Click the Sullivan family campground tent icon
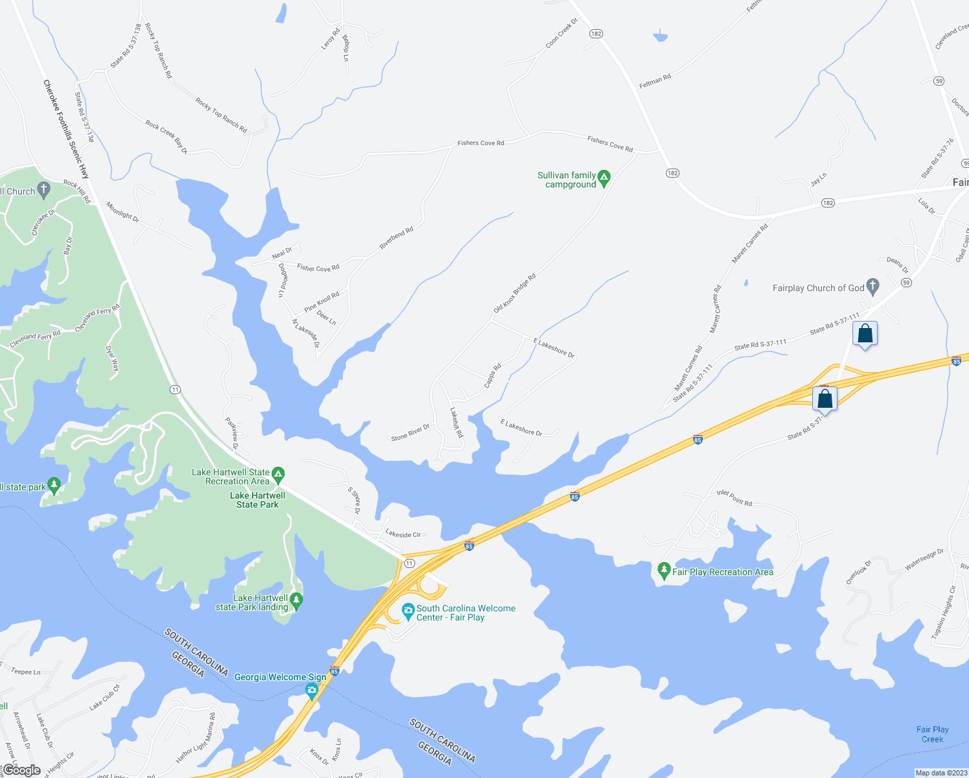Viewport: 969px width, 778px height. [x=604, y=178]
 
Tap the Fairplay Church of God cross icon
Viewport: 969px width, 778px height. [x=872, y=286]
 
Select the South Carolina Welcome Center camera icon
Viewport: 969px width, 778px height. [x=408, y=611]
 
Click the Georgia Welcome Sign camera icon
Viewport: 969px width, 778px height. [x=312, y=691]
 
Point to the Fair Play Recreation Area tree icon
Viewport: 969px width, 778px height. [x=663, y=571]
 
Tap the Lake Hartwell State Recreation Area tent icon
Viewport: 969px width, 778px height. [x=278, y=475]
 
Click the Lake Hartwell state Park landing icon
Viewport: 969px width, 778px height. [x=296, y=601]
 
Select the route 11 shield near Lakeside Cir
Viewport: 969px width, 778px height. [x=409, y=563]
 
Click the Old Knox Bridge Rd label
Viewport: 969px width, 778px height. [x=515, y=294]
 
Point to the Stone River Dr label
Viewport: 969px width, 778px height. [x=410, y=432]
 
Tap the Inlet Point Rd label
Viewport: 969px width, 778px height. [x=734, y=498]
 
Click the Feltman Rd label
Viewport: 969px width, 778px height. [x=655, y=81]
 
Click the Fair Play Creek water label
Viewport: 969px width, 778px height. [x=932, y=734]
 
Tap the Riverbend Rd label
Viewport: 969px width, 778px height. [x=396, y=238]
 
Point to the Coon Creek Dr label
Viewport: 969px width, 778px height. [x=561, y=33]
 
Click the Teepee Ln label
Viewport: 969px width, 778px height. [x=26, y=672]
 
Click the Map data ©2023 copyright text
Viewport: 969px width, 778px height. [x=940, y=773]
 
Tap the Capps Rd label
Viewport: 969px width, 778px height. [x=493, y=376]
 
